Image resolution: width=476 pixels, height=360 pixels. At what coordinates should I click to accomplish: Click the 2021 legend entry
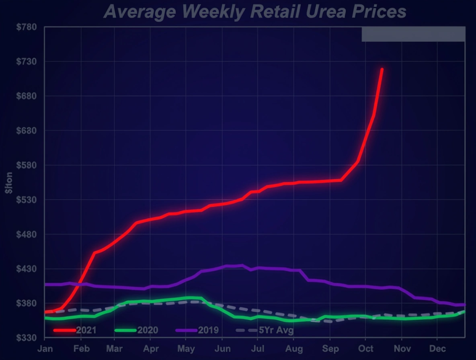pyautogui.click(x=76, y=330)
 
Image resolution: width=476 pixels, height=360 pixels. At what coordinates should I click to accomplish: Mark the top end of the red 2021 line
pyautogui.click(x=382, y=70)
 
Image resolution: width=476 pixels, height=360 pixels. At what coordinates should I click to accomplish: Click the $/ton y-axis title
pyautogui.click(x=9, y=183)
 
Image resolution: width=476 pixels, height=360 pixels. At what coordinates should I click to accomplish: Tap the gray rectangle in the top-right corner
pyautogui.click(x=413, y=34)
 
